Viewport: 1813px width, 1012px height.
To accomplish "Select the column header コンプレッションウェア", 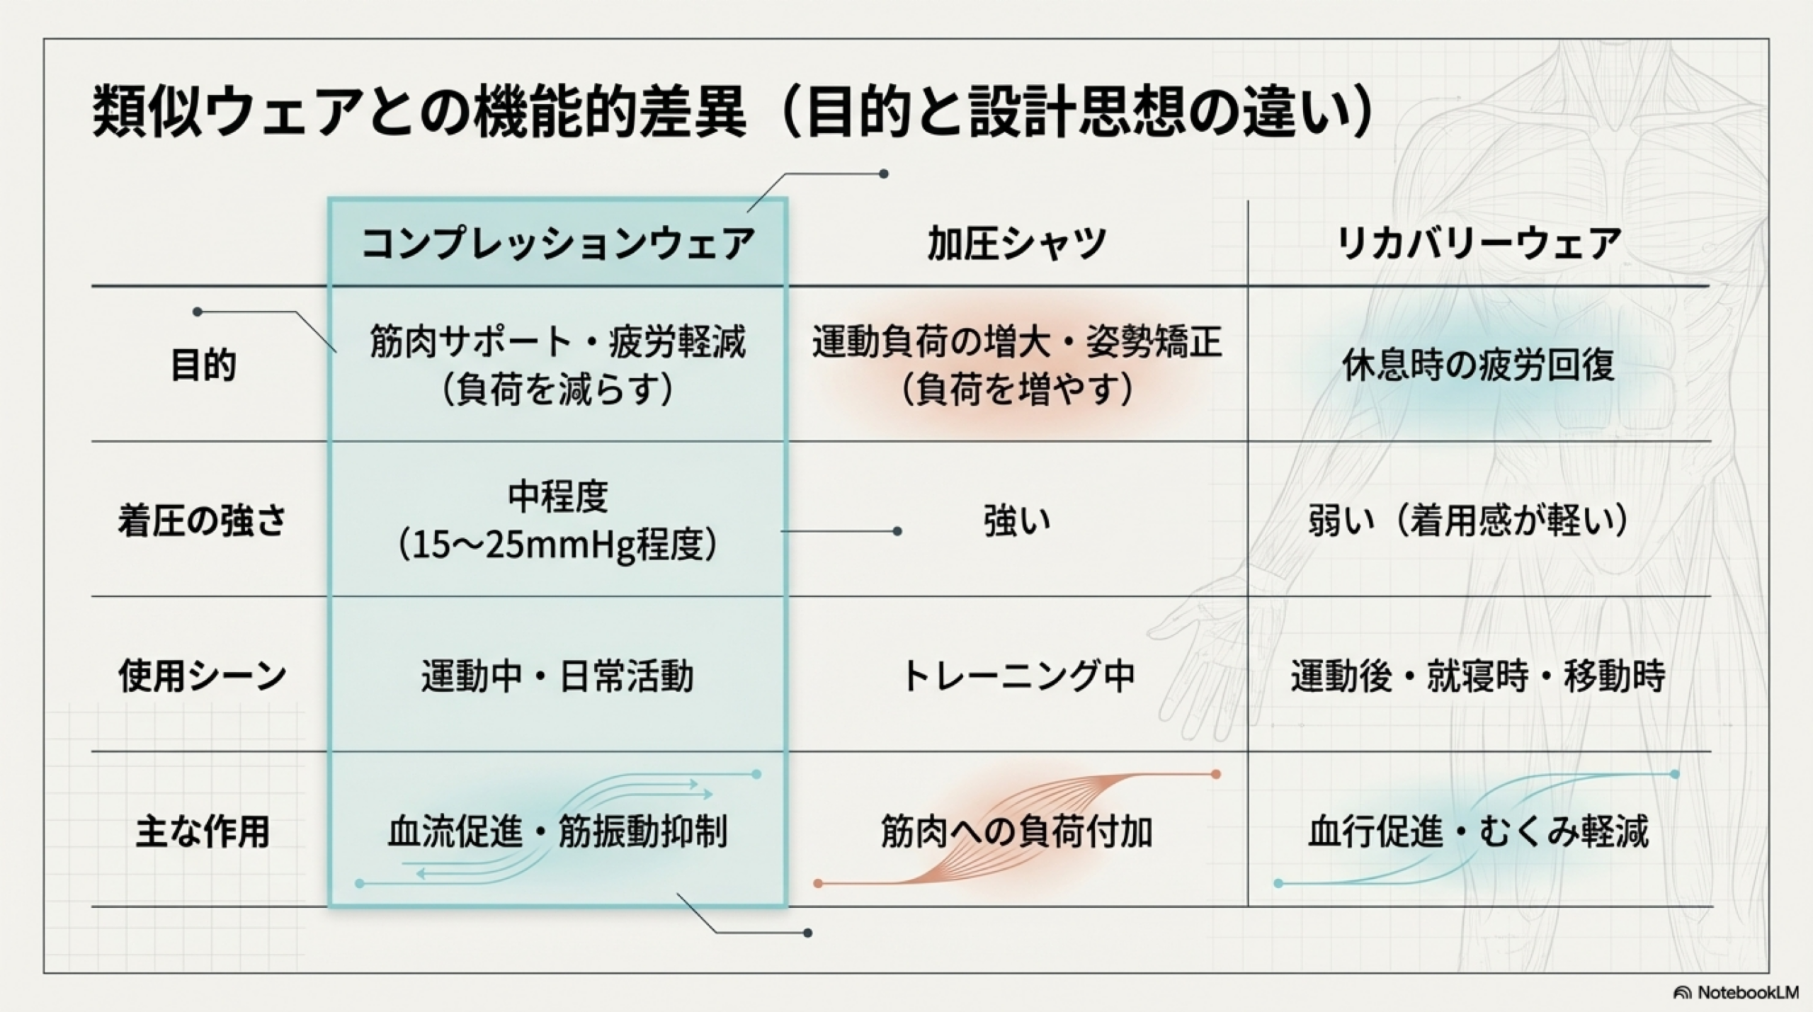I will tap(557, 244).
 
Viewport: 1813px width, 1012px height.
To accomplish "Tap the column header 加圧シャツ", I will tap(1017, 244).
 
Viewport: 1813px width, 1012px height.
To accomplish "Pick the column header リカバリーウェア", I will tap(1478, 244).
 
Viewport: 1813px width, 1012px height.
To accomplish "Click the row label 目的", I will tap(203, 365).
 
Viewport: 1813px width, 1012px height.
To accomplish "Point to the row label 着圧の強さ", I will tap(203, 521).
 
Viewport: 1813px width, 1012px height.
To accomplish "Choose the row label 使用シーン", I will tap(203, 676).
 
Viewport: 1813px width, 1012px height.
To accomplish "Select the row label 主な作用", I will tap(203, 831).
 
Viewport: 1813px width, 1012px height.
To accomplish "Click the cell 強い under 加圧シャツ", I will tap(1017, 521).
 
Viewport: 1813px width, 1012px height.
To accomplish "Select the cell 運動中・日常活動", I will tap(557, 676).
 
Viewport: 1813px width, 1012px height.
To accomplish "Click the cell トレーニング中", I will tap(1017, 676).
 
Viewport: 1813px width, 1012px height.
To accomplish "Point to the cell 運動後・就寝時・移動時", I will tap(1478, 676).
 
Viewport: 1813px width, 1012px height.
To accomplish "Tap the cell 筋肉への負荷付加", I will tap(1017, 831).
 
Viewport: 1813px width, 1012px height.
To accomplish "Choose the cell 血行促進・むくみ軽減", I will tap(1478, 831).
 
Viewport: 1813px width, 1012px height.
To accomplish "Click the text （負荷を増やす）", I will tap(1017, 390).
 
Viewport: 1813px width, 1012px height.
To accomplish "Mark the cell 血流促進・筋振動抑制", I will tap(557, 831).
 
